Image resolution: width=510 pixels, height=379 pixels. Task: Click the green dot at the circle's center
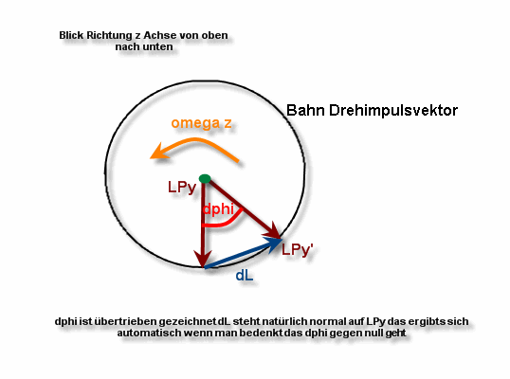click(x=205, y=178)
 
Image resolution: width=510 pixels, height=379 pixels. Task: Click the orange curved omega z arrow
click(x=195, y=140)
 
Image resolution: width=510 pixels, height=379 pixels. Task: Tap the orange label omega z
click(x=201, y=123)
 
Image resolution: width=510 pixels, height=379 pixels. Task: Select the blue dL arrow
click(x=243, y=253)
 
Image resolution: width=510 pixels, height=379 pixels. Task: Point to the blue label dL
click(x=245, y=276)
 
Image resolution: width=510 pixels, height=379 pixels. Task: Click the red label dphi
click(x=218, y=208)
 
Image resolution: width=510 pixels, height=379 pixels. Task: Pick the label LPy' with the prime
click(x=298, y=249)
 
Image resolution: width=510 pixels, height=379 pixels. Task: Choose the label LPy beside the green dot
click(x=182, y=188)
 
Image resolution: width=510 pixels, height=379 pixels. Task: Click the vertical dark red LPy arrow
click(x=203, y=225)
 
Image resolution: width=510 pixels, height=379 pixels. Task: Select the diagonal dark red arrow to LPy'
click(x=244, y=209)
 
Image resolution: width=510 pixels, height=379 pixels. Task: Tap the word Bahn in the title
click(x=305, y=110)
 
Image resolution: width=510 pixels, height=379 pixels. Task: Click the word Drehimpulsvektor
click(x=393, y=110)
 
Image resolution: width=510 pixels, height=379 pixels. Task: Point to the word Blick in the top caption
click(x=71, y=35)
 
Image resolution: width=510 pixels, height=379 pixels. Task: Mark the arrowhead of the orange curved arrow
click(x=158, y=153)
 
